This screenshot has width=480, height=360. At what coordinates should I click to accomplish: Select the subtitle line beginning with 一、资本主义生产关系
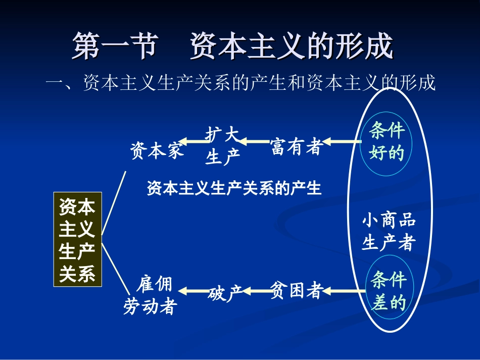[241, 82]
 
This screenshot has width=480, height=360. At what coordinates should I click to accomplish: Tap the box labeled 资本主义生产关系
[77, 239]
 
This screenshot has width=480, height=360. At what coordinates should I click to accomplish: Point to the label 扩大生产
[222, 146]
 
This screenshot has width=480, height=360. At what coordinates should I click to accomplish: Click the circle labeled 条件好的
[387, 142]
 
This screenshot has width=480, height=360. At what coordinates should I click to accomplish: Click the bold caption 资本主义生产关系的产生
[234, 188]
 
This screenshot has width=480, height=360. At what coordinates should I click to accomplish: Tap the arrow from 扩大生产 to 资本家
[192, 141]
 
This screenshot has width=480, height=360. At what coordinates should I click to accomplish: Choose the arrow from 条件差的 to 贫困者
[344, 291]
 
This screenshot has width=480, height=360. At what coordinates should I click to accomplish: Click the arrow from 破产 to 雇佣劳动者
[194, 291]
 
